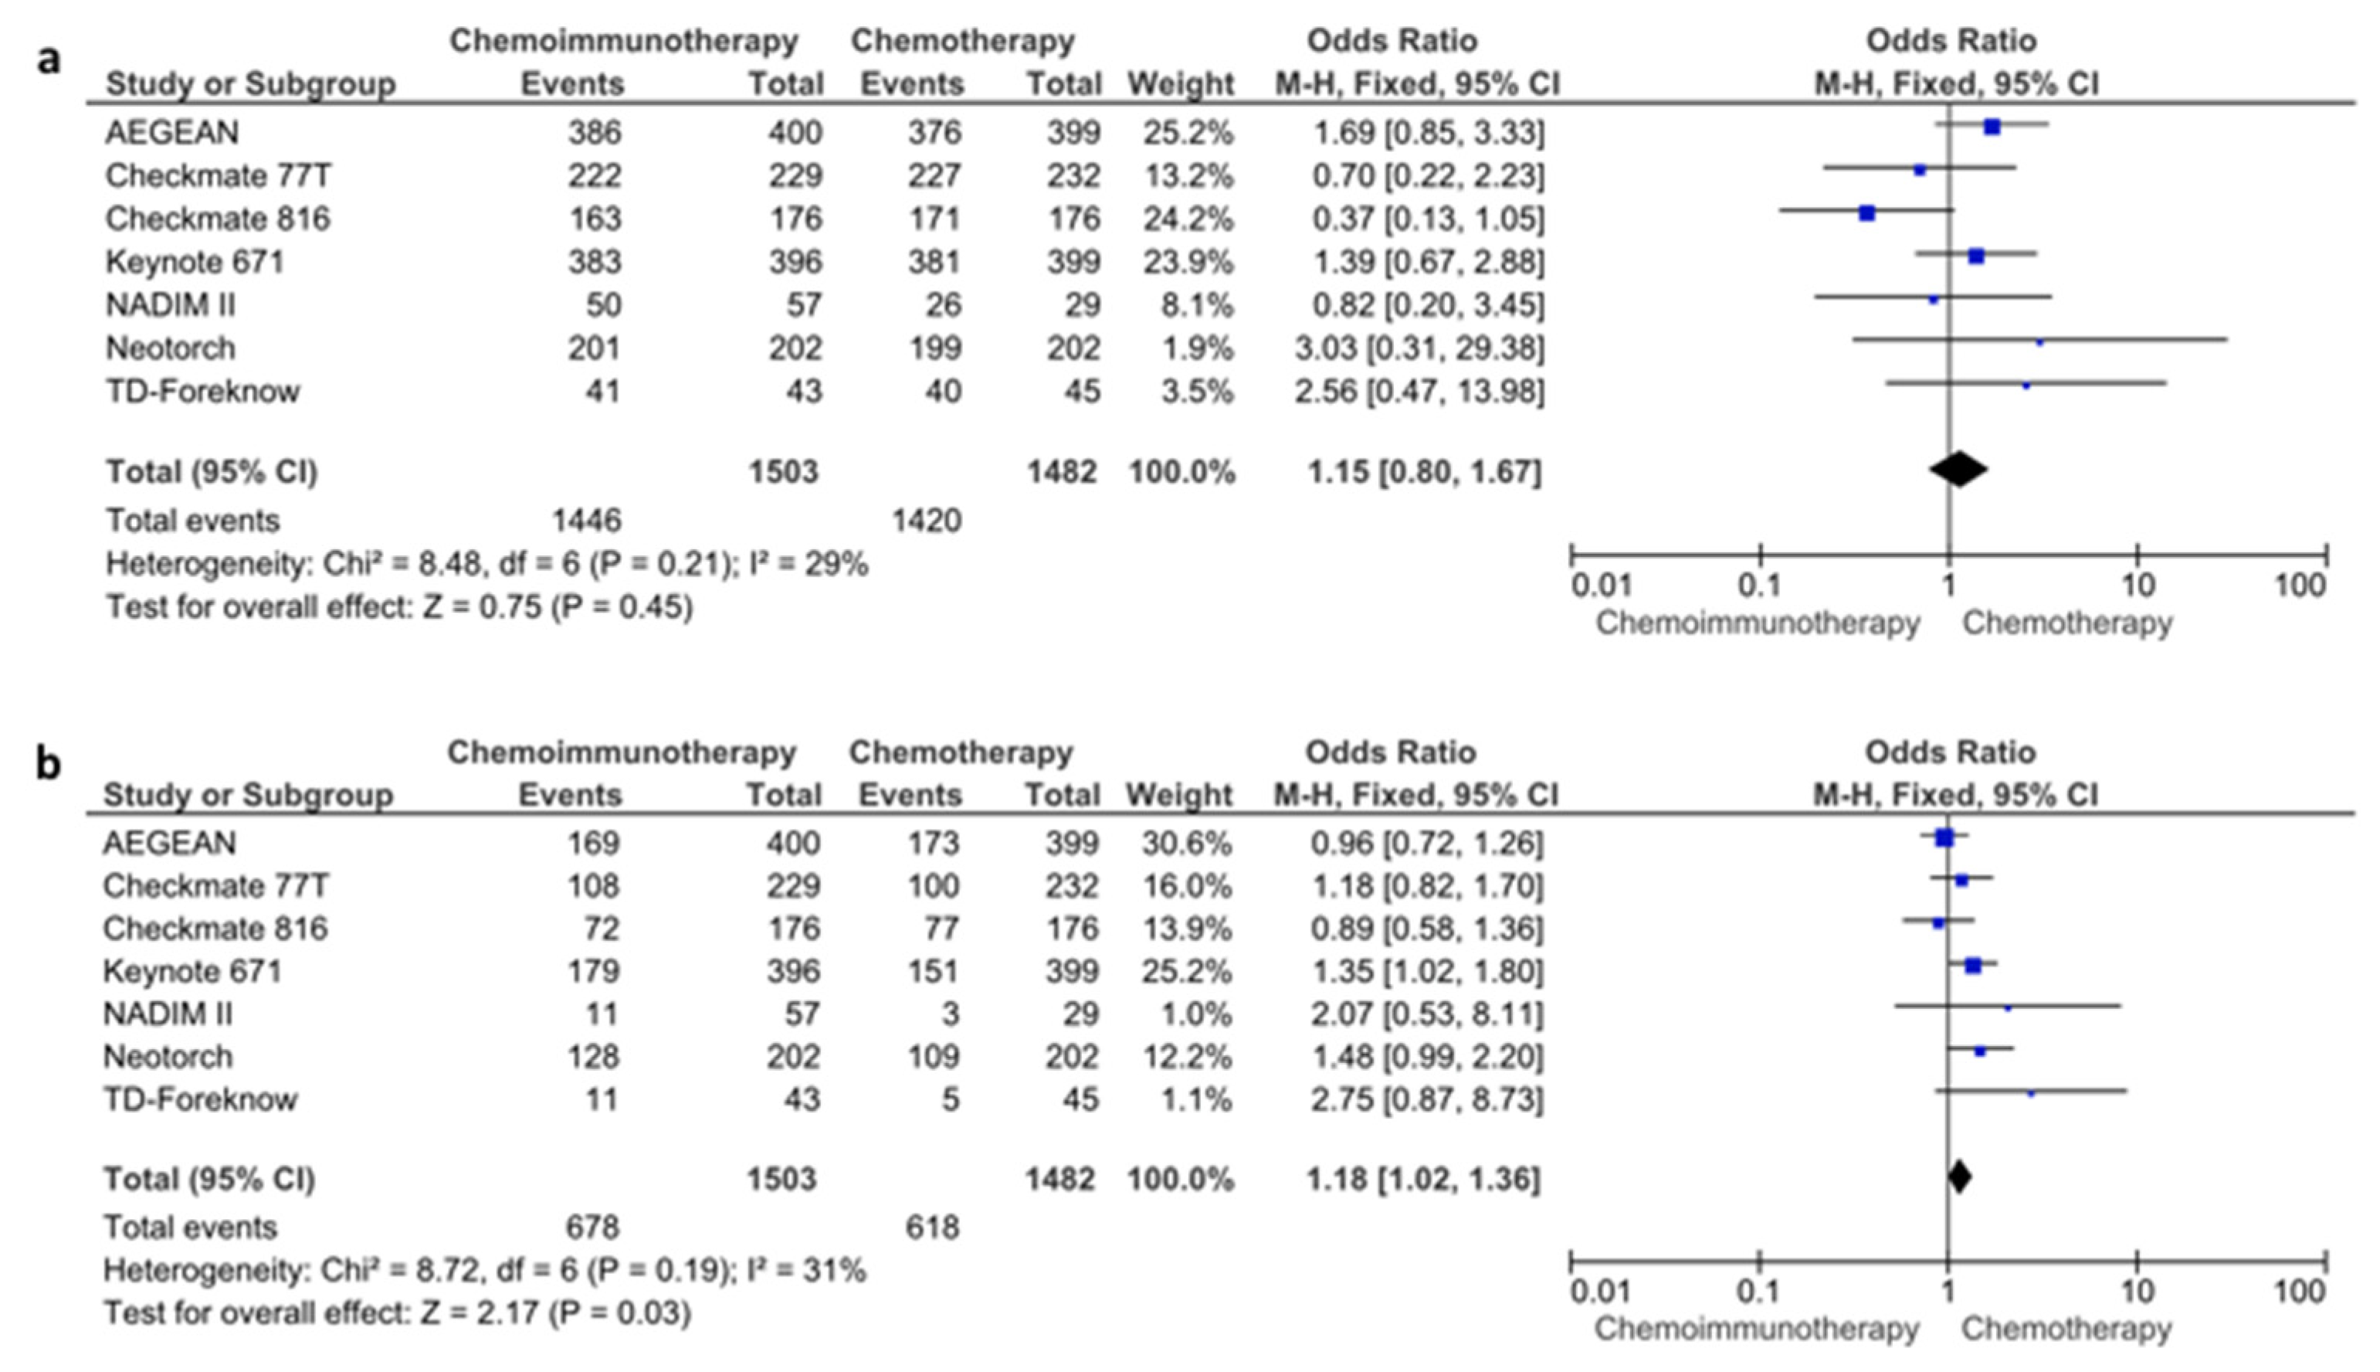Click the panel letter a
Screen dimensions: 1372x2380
click(x=49, y=59)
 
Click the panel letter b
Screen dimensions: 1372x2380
click(x=49, y=764)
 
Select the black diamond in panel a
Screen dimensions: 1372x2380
click(x=1958, y=469)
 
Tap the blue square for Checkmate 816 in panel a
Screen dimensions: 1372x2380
click(x=1866, y=214)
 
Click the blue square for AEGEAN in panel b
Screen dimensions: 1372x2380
click(x=1944, y=837)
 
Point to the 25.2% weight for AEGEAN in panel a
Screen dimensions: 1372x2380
click(x=1187, y=133)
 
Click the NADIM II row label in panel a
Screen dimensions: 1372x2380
click(x=171, y=304)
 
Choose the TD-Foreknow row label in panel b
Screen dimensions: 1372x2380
click(x=200, y=1099)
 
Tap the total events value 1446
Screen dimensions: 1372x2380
click(x=586, y=520)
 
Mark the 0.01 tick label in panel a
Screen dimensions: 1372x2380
click(x=1601, y=586)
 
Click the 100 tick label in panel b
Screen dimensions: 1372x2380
click(x=2299, y=1291)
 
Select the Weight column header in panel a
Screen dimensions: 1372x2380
click(x=1180, y=84)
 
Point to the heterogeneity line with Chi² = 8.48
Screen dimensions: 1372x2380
click(x=486, y=565)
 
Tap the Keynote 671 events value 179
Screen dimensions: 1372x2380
click(x=593, y=970)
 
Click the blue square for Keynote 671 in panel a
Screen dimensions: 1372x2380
click(x=1976, y=256)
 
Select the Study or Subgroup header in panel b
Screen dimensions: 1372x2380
click(x=248, y=795)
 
